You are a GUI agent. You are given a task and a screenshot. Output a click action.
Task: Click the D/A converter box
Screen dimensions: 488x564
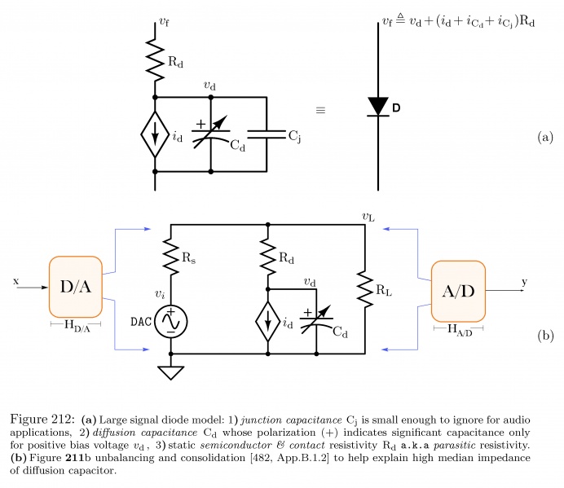click(x=75, y=286)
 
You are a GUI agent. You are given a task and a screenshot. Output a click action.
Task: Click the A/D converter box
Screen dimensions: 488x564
click(x=458, y=292)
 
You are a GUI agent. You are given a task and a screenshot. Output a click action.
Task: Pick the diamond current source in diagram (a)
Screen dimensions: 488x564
click(x=154, y=134)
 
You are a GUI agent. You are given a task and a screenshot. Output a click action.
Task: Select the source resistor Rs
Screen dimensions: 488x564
click(x=171, y=256)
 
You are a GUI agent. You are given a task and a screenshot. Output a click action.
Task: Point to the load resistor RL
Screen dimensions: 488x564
click(x=363, y=288)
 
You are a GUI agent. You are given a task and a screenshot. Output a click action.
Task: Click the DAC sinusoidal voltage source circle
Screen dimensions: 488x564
click(x=171, y=323)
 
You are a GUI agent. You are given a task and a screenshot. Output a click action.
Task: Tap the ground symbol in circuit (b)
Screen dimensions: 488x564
click(x=171, y=373)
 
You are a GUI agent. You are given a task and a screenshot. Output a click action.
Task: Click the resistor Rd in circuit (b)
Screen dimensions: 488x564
click(x=267, y=256)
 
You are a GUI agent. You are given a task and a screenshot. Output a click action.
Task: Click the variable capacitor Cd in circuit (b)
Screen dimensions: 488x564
click(x=318, y=320)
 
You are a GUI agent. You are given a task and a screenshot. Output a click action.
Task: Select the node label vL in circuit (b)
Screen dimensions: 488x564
click(x=368, y=216)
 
